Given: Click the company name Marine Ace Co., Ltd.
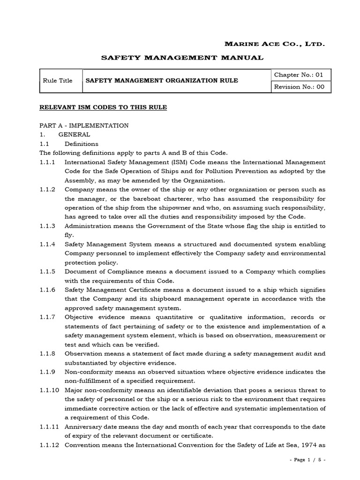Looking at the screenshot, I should pyautogui.click(x=275, y=44).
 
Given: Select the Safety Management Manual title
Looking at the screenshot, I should pyautogui.click(x=183, y=58).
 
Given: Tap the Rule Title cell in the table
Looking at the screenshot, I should pyautogui.click(x=58, y=81).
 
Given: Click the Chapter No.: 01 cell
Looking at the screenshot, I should pyautogui.click(x=299, y=75).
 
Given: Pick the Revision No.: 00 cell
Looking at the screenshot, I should pyautogui.click(x=299, y=87).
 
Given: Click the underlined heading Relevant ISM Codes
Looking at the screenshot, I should pyautogui.click(x=103, y=107).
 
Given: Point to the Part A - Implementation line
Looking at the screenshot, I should pyautogui.click(x=84, y=126).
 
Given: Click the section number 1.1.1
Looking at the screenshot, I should pyautogui.click(x=47, y=162).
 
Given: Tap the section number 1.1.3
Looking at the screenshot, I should pyautogui.click(x=47, y=226).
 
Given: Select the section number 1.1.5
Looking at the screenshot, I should pyautogui.click(x=47, y=272).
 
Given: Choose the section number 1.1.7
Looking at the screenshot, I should pyautogui.click(x=47, y=317).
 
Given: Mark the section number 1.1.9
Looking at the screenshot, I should pyautogui.click(x=47, y=372).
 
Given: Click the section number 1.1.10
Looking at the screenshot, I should pyautogui.click(x=49, y=390).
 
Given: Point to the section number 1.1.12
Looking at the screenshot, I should pyautogui.click(x=49, y=445).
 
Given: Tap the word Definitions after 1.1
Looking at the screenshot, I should pyautogui.click(x=82, y=144).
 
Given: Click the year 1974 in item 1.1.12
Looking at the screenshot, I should pyautogui.click(x=307, y=445).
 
